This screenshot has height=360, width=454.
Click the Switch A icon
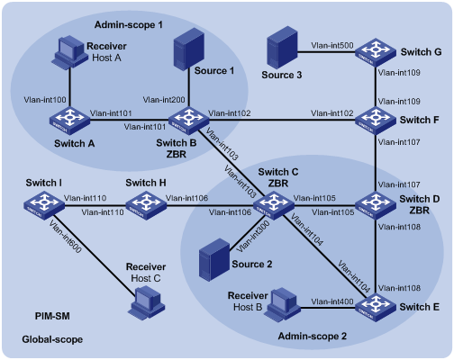point(69,121)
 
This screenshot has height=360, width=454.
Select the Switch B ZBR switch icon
point(188,121)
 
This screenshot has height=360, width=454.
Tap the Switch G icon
point(376,52)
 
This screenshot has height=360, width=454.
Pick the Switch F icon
point(376,121)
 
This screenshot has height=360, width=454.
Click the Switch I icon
point(44,205)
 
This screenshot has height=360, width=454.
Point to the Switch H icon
point(146,205)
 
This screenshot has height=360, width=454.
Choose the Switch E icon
point(376,308)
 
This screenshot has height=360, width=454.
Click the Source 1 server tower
point(189,49)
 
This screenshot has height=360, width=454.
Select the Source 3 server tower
point(282,48)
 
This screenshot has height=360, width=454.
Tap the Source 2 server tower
point(214,260)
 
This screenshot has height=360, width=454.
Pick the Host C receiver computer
point(146,302)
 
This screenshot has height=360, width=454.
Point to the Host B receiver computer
point(282,304)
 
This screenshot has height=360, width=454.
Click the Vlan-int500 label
point(332,46)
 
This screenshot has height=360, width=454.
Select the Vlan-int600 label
point(66,237)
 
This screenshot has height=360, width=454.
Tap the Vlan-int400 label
point(332,301)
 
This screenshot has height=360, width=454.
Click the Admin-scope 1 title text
point(129,24)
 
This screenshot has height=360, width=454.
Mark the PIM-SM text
point(52,316)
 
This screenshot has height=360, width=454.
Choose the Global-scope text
point(52,339)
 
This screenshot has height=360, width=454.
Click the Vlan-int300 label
point(253,237)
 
